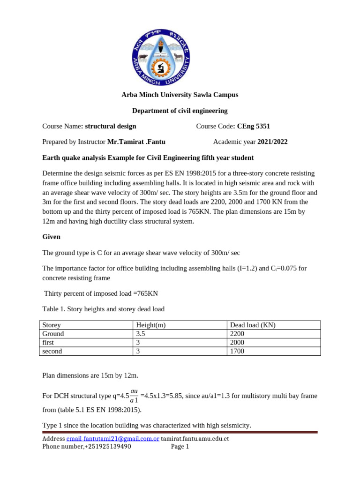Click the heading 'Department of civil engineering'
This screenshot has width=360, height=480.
point(180,111)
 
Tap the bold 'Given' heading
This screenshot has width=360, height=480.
point(52,237)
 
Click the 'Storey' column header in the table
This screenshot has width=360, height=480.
point(52,325)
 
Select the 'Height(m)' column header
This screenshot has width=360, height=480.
point(151,325)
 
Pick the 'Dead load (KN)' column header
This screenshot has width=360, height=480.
point(252,325)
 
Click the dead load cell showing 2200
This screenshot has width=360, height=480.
point(237,334)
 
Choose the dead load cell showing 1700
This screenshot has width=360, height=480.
point(237,351)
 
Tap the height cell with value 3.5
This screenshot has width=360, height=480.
point(141,334)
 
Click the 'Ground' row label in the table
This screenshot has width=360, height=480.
point(53,334)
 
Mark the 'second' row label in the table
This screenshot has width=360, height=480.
point(52,351)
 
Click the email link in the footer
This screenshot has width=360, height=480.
point(112,438)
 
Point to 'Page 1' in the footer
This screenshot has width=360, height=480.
point(180,447)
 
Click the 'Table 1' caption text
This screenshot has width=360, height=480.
point(103,308)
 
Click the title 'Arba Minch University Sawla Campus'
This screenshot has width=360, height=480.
point(180,95)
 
